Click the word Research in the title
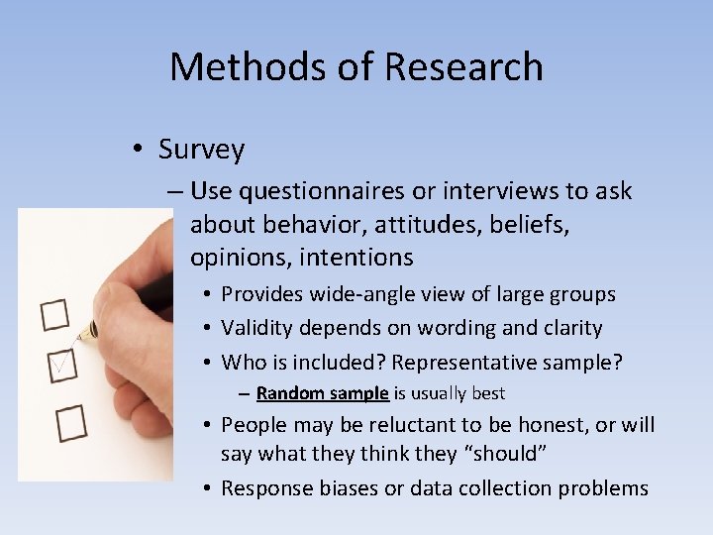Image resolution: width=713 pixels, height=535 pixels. tap(465, 67)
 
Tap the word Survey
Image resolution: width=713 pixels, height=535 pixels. tap(201, 150)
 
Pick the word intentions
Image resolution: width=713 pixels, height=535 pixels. tap(352, 258)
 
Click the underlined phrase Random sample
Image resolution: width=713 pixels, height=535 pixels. tap(322, 393)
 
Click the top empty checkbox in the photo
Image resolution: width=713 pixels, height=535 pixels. tap(54, 316)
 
